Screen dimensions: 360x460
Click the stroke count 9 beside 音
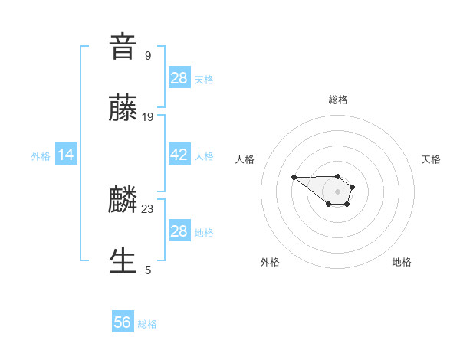(x=148, y=55)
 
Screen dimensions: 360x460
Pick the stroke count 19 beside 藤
(x=148, y=116)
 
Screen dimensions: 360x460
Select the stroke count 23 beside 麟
(x=148, y=208)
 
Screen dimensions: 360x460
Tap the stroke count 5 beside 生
(x=148, y=270)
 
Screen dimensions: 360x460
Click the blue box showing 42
(x=179, y=155)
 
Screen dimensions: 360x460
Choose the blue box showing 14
(x=66, y=155)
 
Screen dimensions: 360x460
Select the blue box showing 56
(x=123, y=322)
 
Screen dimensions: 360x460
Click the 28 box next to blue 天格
(x=179, y=78)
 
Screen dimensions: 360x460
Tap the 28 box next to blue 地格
(x=179, y=231)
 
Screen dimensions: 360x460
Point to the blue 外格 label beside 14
(x=41, y=155)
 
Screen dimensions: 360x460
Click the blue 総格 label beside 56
(x=147, y=324)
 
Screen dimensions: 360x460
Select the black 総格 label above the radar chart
(x=338, y=100)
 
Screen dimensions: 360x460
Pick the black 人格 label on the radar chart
(x=245, y=159)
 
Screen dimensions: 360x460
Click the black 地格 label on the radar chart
(x=402, y=262)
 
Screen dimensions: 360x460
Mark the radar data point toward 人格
(x=294, y=177)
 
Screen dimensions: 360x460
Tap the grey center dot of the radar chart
(x=338, y=191)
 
